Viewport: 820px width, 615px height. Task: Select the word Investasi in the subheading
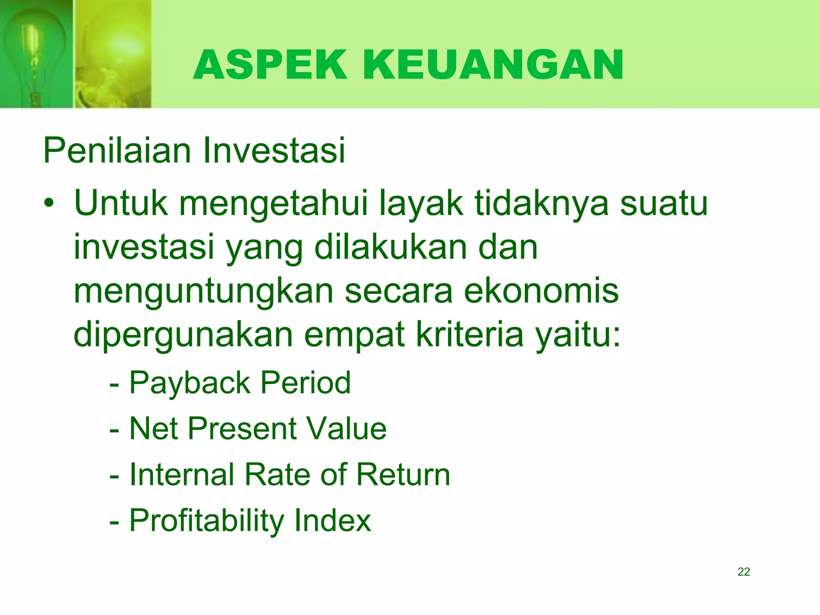tap(274, 151)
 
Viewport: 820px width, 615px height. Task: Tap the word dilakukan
tap(391, 247)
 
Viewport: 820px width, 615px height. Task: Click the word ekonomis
tap(541, 291)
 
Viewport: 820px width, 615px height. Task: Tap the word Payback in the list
tap(190, 384)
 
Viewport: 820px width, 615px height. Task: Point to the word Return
tap(403, 474)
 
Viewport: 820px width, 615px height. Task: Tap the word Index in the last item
tap(333, 521)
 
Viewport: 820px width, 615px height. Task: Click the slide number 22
tap(744, 572)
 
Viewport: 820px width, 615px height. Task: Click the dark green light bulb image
tap(36, 54)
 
